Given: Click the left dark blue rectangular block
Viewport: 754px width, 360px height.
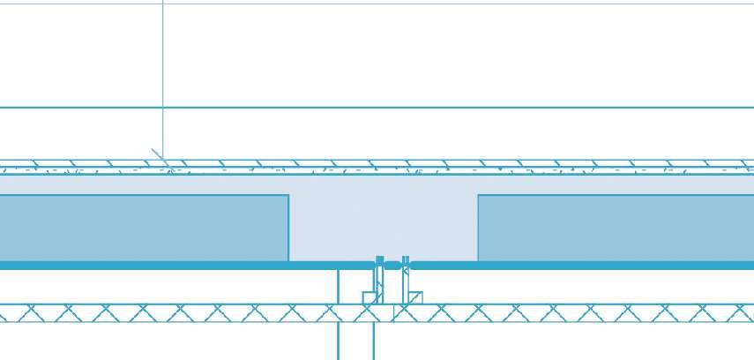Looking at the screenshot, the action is (x=141, y=228).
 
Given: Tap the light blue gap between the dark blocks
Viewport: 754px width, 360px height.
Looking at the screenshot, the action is (x=383, y=221).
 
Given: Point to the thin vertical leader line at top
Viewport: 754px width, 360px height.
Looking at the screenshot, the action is (x=163, y=71).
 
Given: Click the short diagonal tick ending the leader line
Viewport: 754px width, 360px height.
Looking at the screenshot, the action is (x=160, y=157).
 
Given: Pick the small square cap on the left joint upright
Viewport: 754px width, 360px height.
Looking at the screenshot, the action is (x=380, y=261).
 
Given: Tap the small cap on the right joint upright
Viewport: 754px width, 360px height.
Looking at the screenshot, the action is (x=406, y=261).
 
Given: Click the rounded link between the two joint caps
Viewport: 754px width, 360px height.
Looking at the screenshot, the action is (x=392, y=265).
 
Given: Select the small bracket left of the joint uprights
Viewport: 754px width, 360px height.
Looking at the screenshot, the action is (x=370, y=298).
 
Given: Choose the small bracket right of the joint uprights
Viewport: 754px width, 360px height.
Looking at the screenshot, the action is (x=414, y=297).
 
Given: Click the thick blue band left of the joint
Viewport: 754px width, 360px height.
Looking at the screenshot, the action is (x=176, y=266).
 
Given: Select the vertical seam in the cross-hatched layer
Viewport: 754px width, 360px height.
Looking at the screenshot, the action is (x=339, y=313).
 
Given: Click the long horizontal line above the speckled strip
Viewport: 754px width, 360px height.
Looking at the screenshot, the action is (x=441, y=108).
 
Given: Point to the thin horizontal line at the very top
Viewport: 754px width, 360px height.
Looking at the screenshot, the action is (x=441, y=4).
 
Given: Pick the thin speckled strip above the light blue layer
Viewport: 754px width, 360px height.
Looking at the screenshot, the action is (x=441, y=168).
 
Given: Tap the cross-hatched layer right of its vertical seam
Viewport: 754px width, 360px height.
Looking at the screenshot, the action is (x=573, y=313).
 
